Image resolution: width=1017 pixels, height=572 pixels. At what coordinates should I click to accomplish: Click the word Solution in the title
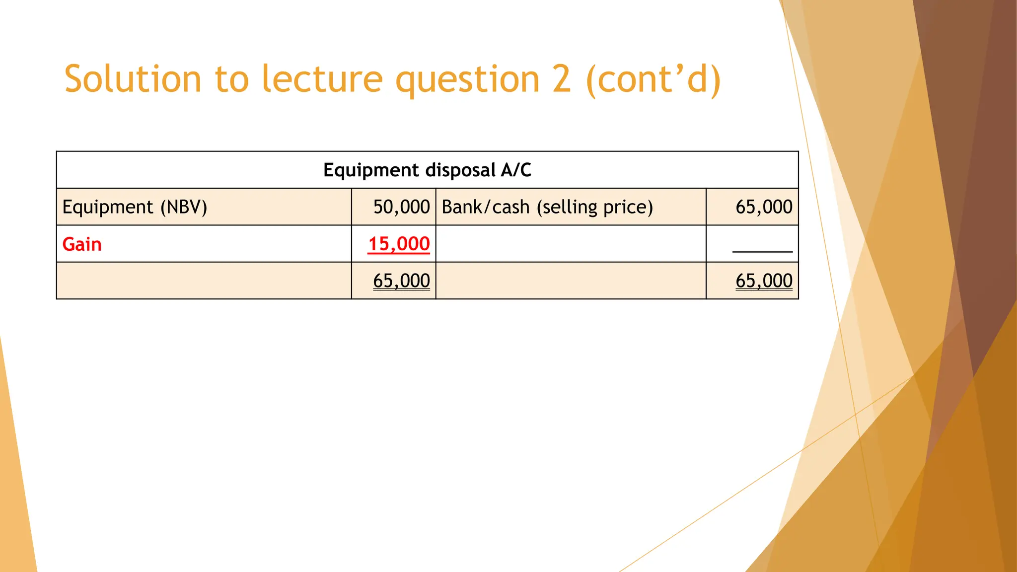pos(133,79)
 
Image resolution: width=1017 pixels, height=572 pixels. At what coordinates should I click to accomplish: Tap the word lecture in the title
pos(322,79)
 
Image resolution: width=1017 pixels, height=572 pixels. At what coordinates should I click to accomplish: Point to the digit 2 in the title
pos(562,79)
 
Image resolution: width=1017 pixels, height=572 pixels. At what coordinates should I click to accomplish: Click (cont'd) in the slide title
pos(654,79)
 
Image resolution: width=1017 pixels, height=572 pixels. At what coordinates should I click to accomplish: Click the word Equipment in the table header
pos(371,170)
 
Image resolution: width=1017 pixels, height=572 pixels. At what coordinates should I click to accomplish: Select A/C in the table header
pos(516,170)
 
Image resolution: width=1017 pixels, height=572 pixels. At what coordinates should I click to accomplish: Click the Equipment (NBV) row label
pos(135,207)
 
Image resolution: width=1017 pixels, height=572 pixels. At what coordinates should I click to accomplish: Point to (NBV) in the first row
pos(183,207)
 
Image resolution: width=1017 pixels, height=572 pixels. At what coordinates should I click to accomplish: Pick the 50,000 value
pos(401,207)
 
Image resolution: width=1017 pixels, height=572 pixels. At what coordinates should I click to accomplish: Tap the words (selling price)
pos(594,207)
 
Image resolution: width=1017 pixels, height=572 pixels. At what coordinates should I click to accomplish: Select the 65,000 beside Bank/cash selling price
pos(764,207)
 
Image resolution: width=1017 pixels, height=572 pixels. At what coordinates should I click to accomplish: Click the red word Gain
pos(82,244)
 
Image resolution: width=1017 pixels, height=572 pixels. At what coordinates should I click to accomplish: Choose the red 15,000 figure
pos(399,244)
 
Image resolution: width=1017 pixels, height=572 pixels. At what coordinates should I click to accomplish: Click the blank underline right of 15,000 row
pos(762,251)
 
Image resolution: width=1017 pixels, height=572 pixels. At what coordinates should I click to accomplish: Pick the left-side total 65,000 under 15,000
pos(401,281)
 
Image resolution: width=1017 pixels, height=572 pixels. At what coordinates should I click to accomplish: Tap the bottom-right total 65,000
pos(764,281)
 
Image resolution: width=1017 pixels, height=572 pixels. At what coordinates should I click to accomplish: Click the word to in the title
pos(231,79)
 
